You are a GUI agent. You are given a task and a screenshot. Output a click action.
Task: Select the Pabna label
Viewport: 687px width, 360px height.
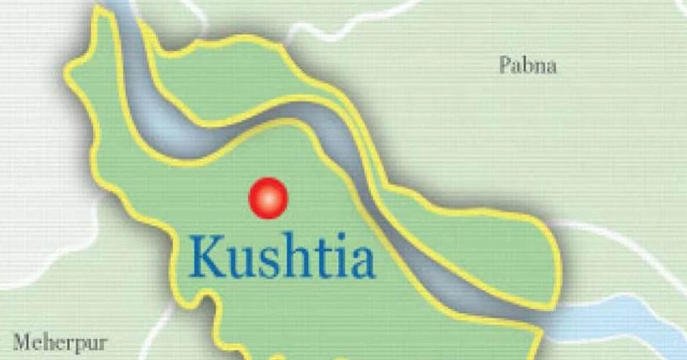pyautogui.click(x=528, y=65)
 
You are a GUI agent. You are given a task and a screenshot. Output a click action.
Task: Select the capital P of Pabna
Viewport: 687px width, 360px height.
pyautogui.click(x=503, y=65)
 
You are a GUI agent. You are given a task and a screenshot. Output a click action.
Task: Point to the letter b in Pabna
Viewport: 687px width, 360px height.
pyautogui.click(x=526, y=65)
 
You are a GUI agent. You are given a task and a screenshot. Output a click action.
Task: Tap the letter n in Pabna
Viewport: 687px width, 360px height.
pyautogui.click(x=539, y=67)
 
